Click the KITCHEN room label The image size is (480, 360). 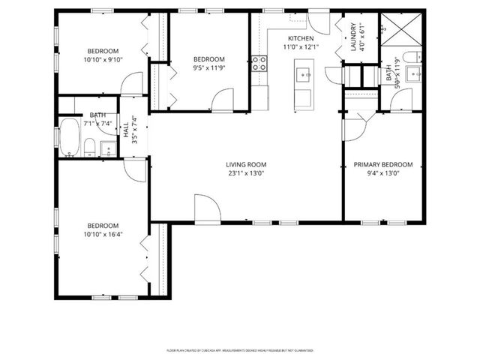(x=301, y=38)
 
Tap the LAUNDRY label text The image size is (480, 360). (x=352, y=37)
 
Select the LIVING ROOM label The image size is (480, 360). (x=247, y=164)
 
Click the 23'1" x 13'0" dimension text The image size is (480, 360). (x=247, y=173)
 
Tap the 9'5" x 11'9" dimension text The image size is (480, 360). (x=208, y=67)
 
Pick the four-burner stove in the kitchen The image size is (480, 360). (x=259, y=63)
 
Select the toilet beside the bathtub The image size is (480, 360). (x=89, y=146)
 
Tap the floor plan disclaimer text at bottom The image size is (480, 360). (x=239, y=350)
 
